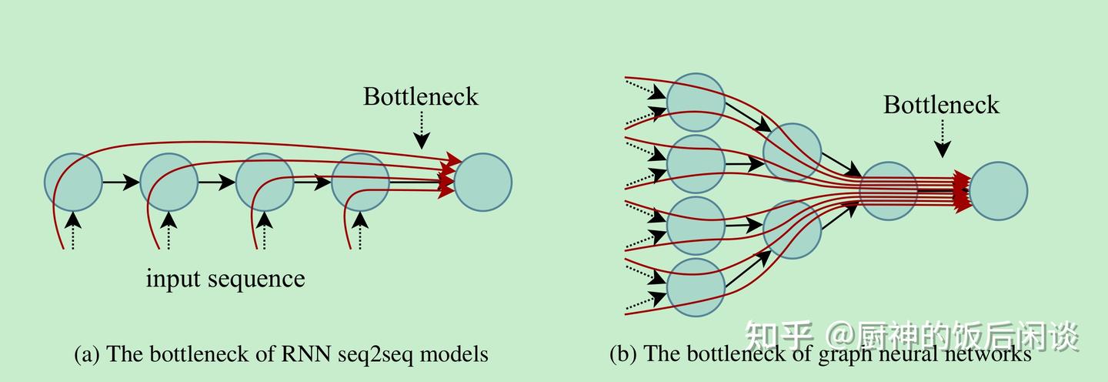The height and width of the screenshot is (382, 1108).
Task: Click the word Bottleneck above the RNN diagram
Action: [421, 97]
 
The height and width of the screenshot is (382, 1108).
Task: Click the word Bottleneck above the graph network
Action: [941, 105]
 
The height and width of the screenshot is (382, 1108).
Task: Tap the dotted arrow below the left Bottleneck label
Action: [421, 131]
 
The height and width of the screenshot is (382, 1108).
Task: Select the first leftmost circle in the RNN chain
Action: [73, 183]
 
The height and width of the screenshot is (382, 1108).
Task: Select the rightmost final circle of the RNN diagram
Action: [483, 183]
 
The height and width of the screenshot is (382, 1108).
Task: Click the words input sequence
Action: [225, 279]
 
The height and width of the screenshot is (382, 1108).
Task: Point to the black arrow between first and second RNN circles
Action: [121, 183]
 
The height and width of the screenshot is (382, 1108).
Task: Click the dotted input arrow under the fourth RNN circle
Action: [359, 230]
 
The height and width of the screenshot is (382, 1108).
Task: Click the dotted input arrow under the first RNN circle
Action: [72, 230]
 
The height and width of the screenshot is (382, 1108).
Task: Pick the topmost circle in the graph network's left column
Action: [696, 102]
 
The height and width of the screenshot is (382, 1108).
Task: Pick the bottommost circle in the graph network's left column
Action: [696, 287]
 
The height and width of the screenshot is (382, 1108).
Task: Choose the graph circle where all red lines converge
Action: [888, 191]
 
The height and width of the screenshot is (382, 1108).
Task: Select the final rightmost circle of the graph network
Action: [999, 191]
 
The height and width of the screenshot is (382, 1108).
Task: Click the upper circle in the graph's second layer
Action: [792, 152]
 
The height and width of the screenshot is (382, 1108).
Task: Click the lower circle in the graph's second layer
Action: [792, 229]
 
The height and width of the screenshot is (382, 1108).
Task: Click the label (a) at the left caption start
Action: [87, 354]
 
